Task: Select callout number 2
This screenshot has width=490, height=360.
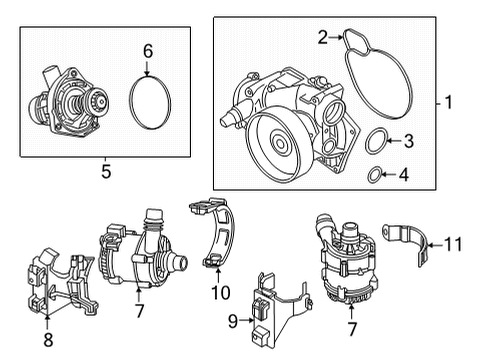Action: pos(323,37)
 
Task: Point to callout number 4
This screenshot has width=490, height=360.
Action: pos(404,177)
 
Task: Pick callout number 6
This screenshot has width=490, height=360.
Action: pos(147,50)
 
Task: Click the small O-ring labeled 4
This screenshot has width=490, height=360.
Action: pos(371,177)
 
